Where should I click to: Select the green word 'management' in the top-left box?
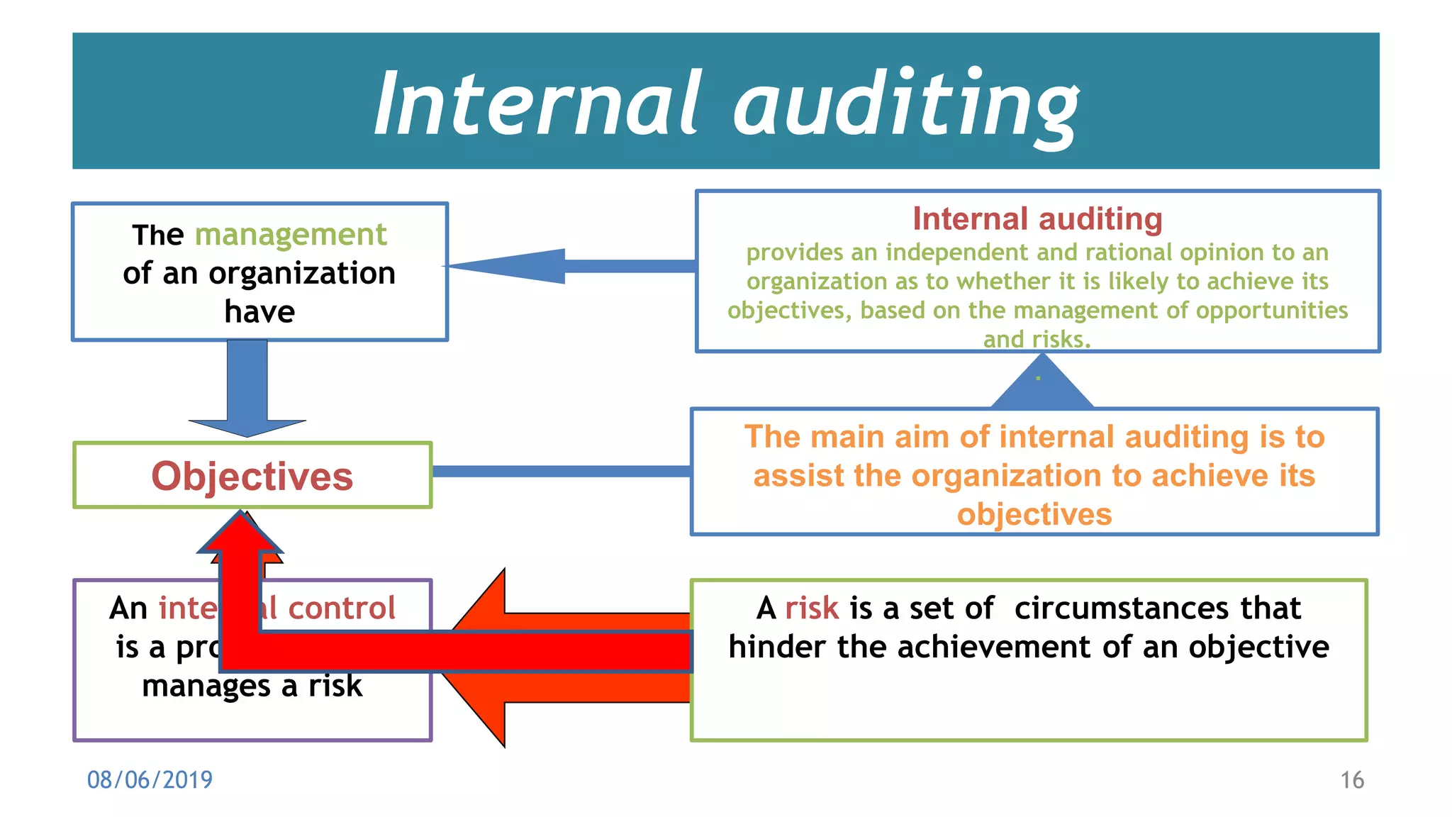pos(291,235)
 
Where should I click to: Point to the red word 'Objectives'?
pos(252,476)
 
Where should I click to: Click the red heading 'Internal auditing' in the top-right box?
pos(1037,219)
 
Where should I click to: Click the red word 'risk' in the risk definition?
pos(812,608)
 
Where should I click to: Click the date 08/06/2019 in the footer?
pos(150,780)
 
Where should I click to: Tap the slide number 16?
pos(1351,780)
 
